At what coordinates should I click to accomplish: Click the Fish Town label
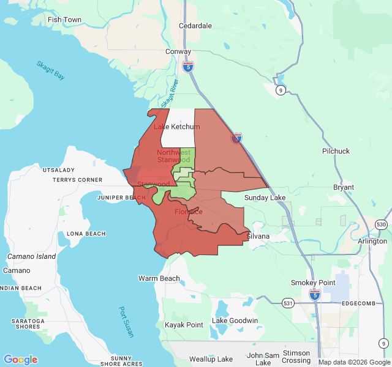click(64, 20)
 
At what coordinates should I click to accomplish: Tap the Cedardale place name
click(195, 26)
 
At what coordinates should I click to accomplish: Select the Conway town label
click(178, 52)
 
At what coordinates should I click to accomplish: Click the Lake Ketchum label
click(176, 127)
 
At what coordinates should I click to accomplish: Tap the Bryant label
click(344, 187)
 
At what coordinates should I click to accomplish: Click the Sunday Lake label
click(265, 198)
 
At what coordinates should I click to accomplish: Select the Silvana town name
click(258, 235)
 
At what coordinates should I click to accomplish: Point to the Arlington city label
click(372, 241)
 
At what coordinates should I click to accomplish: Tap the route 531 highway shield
click(288, 302)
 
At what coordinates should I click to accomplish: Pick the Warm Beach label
click(159, 278)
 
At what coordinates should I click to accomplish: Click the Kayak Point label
click(184, 325)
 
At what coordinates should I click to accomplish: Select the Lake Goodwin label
click(235, 321)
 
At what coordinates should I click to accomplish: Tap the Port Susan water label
click(126, 319)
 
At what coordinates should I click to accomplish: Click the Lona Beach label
click(86, 234)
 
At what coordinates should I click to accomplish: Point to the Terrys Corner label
click(77, 180)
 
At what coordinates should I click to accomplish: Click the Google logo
click(20, 360)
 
